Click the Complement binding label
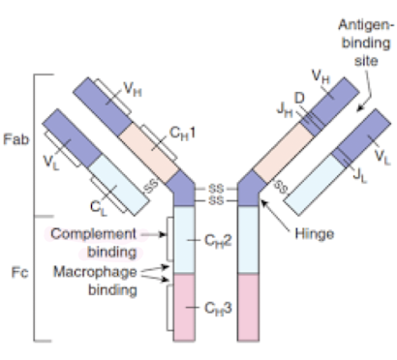(94, 242)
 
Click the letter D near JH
(300, 97)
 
